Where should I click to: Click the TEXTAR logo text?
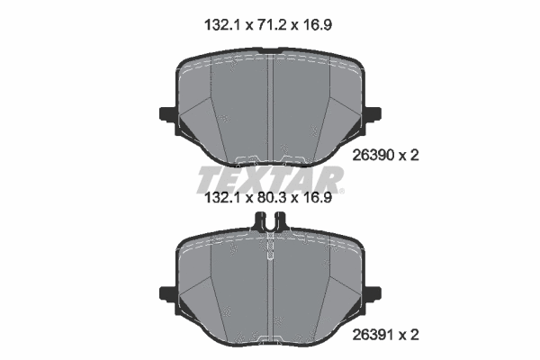[x=270, y=176]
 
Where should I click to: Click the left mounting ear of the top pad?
[x=167, y=113]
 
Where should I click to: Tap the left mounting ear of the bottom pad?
[x=167, y=292]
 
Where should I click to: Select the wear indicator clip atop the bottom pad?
[x=270, y=220]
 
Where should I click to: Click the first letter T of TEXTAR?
[x=208, y=176]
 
